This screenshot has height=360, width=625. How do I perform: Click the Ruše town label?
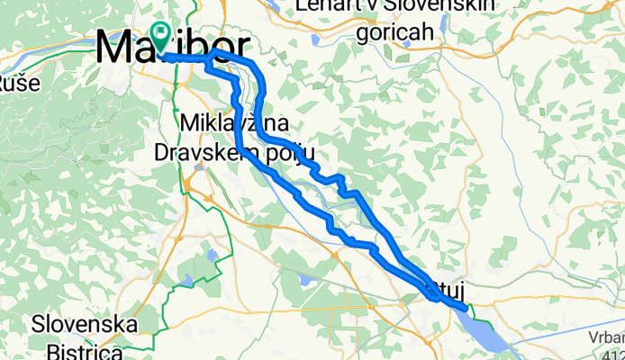coord(11,85)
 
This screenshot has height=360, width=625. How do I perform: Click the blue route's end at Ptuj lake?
coord(465,307)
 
